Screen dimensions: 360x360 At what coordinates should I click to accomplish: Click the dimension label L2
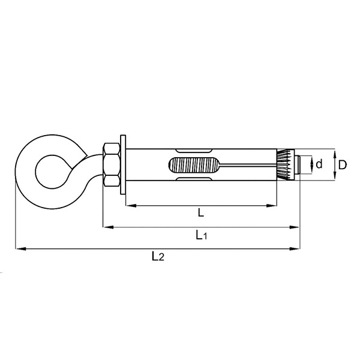158,256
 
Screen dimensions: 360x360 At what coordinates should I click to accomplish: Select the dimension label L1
202,235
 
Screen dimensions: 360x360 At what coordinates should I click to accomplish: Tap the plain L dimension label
201,213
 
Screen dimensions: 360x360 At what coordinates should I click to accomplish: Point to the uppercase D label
343,165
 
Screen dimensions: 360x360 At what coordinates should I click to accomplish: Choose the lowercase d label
319,164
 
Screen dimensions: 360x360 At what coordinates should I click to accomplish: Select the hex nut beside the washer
112,164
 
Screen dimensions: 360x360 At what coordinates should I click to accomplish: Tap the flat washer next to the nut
123,164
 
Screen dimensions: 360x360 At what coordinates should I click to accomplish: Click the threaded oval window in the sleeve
194,165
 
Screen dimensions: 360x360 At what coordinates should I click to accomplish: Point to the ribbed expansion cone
286,164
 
